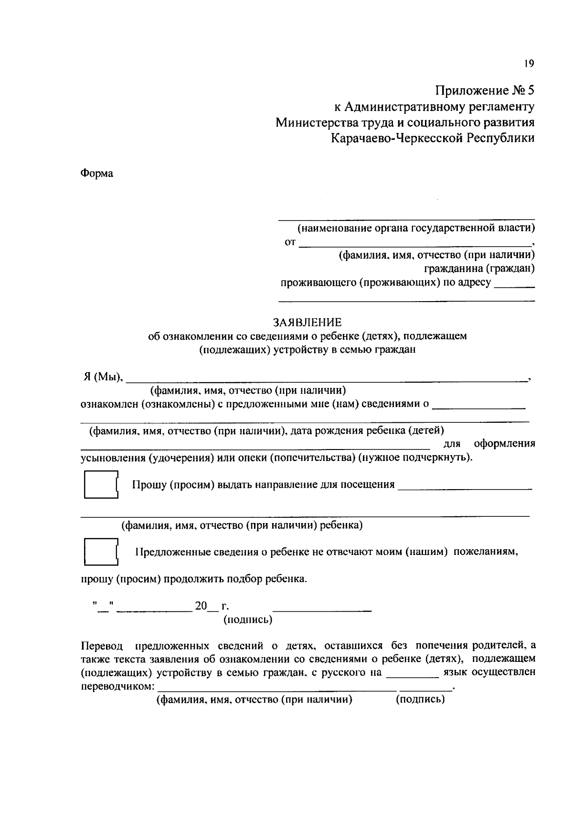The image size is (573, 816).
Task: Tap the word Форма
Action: coord(96,173)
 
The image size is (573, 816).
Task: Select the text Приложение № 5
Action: coord(484,90)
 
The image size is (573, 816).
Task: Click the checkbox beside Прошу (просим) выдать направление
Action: coord(100,485)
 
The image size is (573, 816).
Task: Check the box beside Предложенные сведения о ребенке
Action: coord(100,552)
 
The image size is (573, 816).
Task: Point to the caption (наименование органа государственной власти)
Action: coord(416,228)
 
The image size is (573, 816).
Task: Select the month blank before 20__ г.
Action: coord(153,609)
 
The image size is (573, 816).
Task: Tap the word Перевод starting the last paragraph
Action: coord(101,646)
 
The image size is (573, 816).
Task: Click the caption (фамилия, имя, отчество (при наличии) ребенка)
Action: coord(242,525)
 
